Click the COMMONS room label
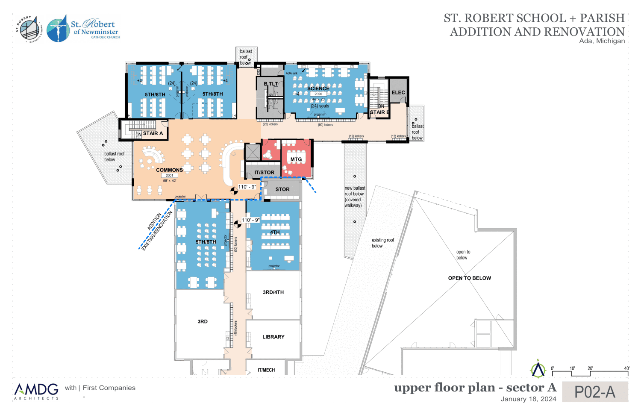169,170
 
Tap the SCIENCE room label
318,88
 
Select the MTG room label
296,159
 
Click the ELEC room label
398,92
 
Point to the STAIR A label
153,133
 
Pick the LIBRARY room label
273,337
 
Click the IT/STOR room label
265,173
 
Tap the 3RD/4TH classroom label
273,292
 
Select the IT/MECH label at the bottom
266,370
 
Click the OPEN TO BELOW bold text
469,278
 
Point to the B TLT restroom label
271,84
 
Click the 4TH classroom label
275,233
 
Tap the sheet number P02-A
594,392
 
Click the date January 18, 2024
528,399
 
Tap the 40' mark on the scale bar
626,368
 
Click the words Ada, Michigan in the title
602,41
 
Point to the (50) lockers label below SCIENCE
325,125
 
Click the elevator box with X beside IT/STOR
252,152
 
